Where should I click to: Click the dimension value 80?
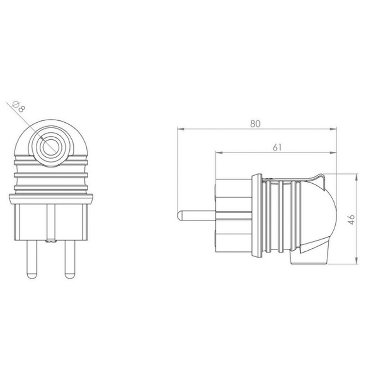tap(256, 124)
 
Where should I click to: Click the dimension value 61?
tap(277, 147)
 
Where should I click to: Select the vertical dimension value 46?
tap(351, 220)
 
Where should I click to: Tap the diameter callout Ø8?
tap(18, 107)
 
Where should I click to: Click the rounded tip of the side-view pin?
tap(180, 216)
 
